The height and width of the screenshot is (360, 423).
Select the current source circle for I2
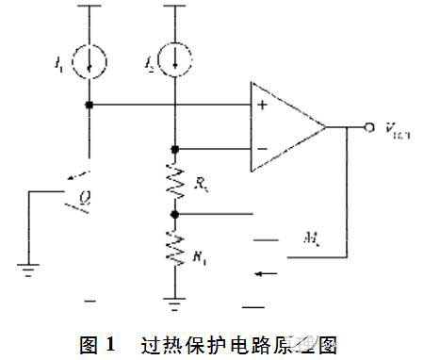pos(176,58)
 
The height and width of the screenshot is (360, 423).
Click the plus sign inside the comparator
pos(262,105)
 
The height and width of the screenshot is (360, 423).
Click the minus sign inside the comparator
pos(262,148)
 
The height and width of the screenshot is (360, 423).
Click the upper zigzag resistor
pos(176,183)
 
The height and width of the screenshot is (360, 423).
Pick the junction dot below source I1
pos(89,105)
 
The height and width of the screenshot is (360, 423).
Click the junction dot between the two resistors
pos(176,214)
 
